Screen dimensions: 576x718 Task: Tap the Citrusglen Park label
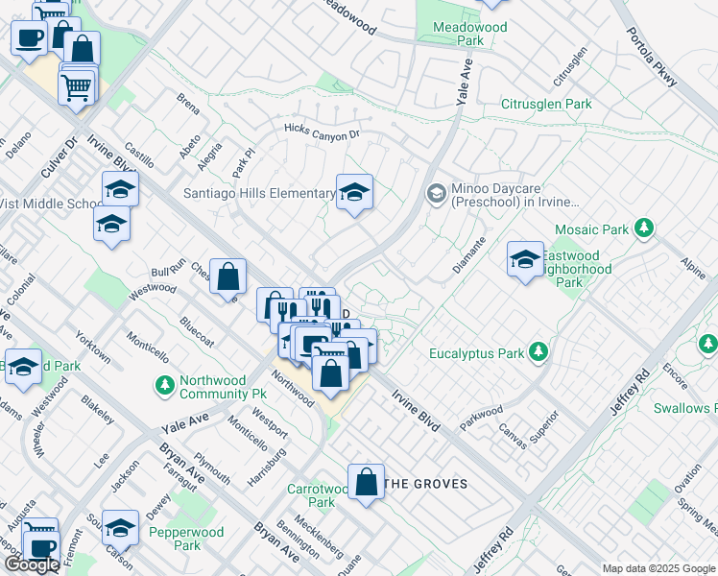coord(551,103)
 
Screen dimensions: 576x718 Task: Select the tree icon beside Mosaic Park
coord(646,229)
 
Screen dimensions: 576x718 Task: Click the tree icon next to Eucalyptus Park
coord(539,353)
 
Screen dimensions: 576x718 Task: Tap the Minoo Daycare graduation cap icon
coord(436,195)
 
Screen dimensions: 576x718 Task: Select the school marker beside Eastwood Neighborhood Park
coord(525,259)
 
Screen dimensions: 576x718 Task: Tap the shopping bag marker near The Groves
coord(367,483)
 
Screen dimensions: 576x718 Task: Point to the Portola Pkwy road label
coord(653,57)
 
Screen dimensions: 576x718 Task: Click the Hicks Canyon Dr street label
coord(321,131)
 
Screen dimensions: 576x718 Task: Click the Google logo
coord(32,564)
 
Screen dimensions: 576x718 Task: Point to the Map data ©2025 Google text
coord(658,568)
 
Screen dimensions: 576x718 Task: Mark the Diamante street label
coord(469,254)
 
